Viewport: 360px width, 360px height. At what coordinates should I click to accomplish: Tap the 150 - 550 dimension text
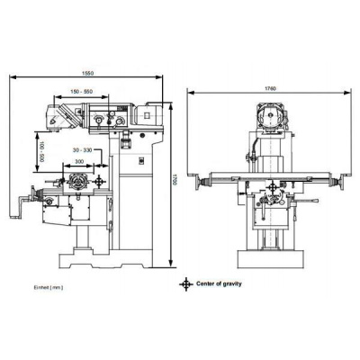tap(86, 91)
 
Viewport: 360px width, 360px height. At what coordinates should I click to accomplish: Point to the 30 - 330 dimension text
tap(84, 149)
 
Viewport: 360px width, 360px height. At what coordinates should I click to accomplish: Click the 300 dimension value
tap(82, 163)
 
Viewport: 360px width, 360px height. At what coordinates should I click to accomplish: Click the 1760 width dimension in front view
tap(270, 87)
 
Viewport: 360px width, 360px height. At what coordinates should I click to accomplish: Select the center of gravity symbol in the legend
tap(186, 283)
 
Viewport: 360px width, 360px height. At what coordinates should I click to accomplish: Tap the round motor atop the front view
tap(269, 115)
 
